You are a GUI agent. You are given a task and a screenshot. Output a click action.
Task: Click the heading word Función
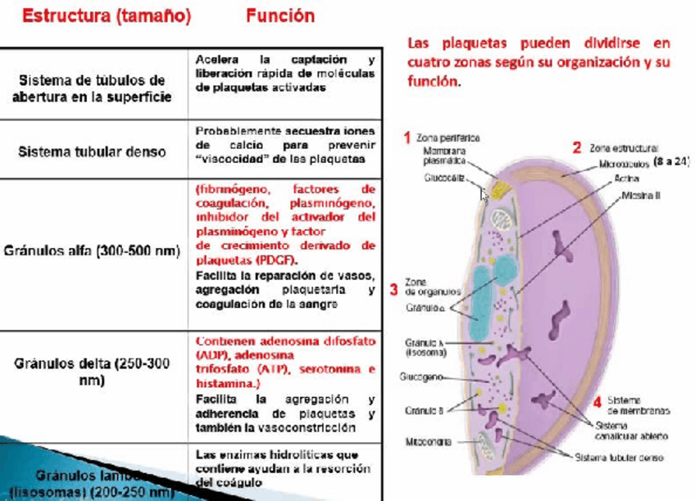(x=279, y=16)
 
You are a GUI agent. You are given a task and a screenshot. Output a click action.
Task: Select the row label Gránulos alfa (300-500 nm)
(x=92, y=251)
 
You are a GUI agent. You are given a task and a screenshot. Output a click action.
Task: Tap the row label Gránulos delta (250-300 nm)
(x=92, y=372)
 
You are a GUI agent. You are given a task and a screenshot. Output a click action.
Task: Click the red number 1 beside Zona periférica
(x=407, y=138)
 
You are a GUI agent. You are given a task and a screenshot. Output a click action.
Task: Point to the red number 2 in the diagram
(x=577, y=148)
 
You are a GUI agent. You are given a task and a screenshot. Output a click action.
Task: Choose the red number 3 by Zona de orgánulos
(x=394, y=289)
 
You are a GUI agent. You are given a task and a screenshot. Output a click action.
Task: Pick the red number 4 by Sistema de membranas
(x=597, y=401)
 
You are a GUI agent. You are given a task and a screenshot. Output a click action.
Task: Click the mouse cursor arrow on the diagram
(x=484, y=195)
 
